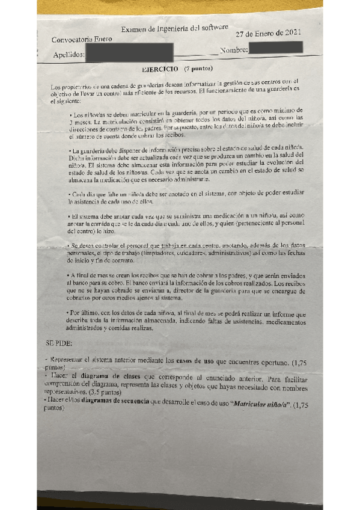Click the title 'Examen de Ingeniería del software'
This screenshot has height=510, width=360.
click(175, 28)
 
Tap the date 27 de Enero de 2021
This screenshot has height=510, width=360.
click(268, 34)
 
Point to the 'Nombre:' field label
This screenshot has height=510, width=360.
click(234, 50)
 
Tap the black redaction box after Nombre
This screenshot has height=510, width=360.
click(275, 48)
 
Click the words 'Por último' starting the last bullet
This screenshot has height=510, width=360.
click(85, 313)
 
